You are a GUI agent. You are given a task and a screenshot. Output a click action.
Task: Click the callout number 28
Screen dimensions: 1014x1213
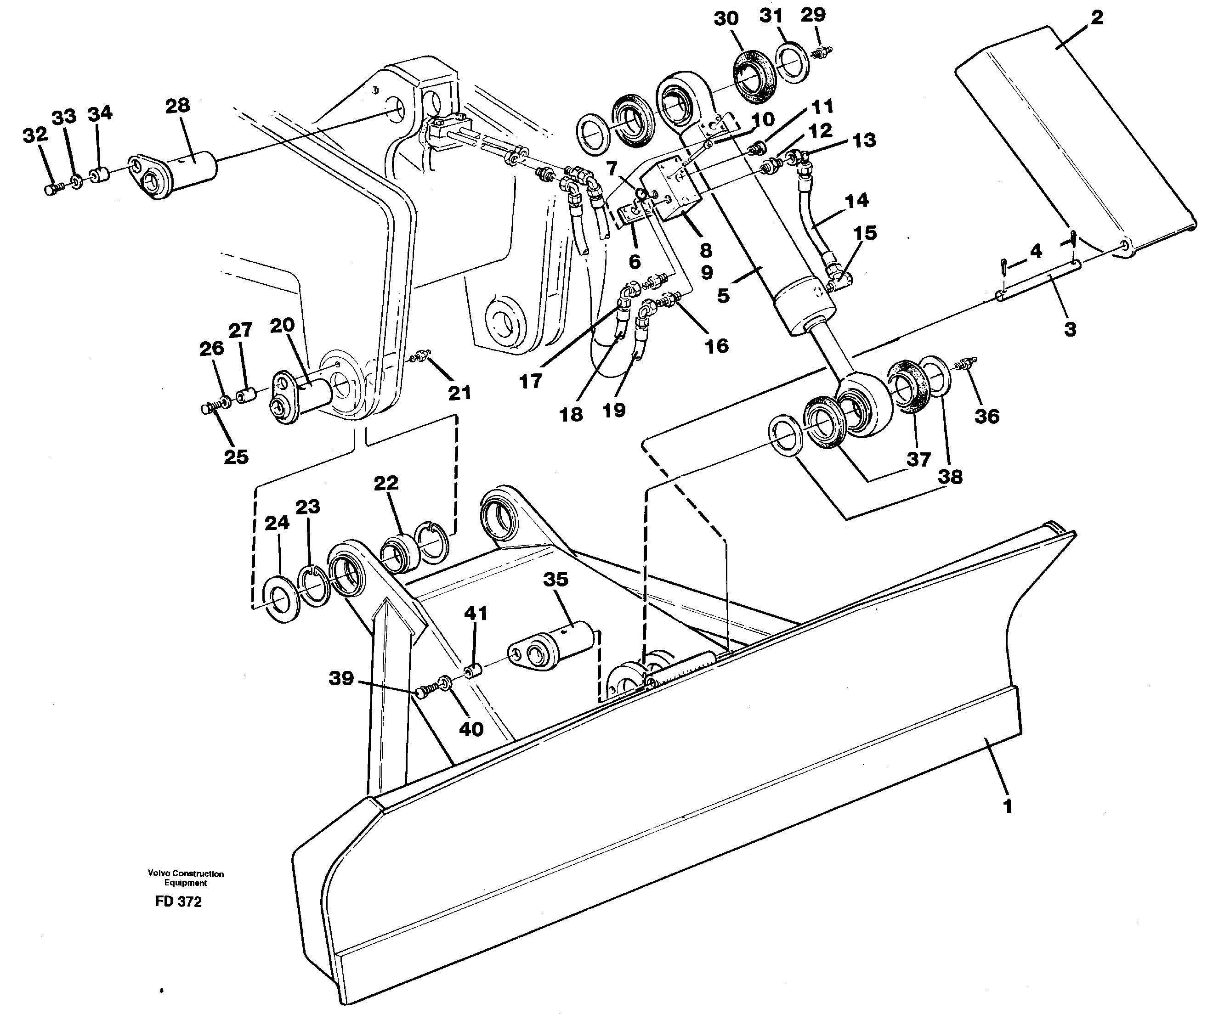click(x=177, y=106)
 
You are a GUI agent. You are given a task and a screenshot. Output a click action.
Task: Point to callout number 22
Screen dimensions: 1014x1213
click(x=386, y=483)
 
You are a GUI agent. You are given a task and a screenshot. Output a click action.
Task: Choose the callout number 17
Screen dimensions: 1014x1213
click(x=530, y=381)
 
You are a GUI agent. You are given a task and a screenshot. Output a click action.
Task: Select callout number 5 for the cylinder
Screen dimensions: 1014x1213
click(x=723, y=296)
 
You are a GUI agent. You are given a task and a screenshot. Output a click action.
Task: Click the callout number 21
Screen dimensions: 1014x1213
click(x=460, y=393)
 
